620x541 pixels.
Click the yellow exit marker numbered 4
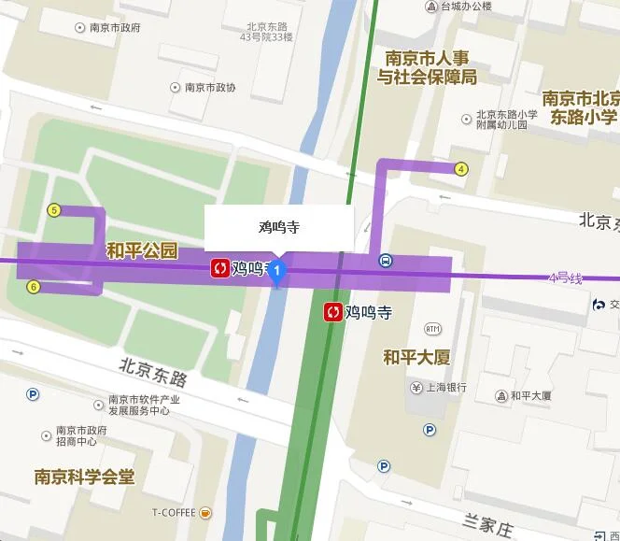461,169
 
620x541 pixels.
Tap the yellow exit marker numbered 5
54,210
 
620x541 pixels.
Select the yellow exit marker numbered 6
34,287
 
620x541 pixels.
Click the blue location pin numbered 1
276,273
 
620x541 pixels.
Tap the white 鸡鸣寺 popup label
278,227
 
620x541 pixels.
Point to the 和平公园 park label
142,250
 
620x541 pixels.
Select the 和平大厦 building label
417,357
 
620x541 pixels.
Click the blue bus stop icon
386,261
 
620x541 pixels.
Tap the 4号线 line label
565,278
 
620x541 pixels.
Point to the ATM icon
432,329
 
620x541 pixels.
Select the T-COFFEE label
175,513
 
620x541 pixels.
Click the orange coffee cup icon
205,512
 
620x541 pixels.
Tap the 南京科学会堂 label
84,477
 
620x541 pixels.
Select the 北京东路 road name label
154,373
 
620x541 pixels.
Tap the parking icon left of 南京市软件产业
33,394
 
